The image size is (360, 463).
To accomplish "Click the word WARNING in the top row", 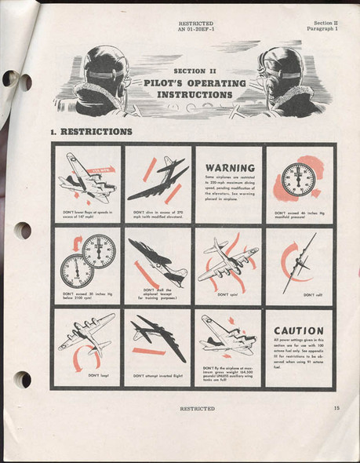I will pos(229,167).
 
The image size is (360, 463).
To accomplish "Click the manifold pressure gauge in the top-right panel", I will pos(298,180).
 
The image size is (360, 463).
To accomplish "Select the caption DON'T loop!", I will pos(98,375).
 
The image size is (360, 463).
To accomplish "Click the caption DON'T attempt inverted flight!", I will pos(160,375).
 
